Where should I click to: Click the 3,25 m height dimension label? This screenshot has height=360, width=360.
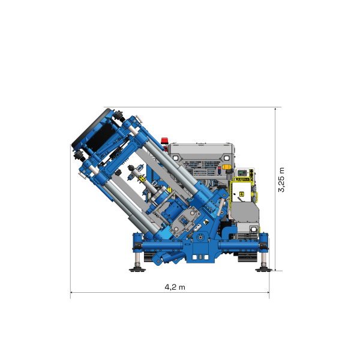pos(281,179)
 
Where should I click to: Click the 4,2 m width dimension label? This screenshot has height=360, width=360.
pos(175,287)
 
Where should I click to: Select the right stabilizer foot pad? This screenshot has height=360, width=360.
pos(262,269)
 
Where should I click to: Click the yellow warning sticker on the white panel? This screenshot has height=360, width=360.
pos(241,193)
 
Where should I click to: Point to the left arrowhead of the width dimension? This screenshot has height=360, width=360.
pos(73,293)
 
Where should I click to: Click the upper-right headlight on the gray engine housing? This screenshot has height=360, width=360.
pos(227,157)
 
